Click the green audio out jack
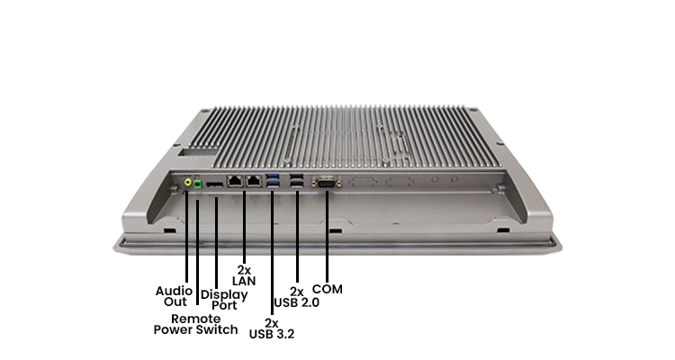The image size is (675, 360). (187, 183)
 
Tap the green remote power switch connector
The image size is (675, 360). (196, 185)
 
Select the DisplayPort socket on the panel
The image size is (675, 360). (215, 184)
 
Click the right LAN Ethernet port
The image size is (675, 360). (255, 181)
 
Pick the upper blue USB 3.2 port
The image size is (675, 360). (274, 177)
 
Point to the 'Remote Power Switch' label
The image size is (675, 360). (195, 324)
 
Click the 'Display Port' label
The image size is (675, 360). (223, 300)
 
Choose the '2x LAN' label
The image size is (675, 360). (245, 274)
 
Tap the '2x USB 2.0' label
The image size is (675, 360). (300, 297)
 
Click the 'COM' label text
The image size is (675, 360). (328, 289)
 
